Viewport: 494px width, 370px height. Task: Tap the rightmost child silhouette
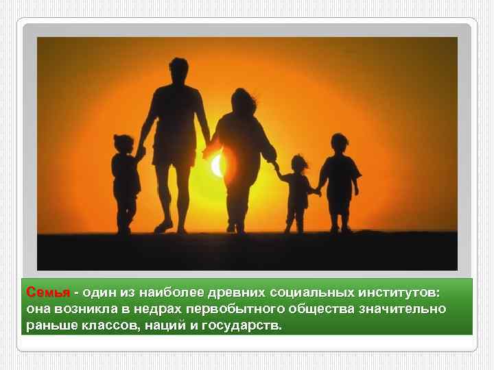[340, 178]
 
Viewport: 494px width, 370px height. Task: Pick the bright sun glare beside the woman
[217, 165]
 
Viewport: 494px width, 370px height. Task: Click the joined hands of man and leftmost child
[140, 151]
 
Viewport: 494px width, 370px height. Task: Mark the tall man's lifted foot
[163, 226]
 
